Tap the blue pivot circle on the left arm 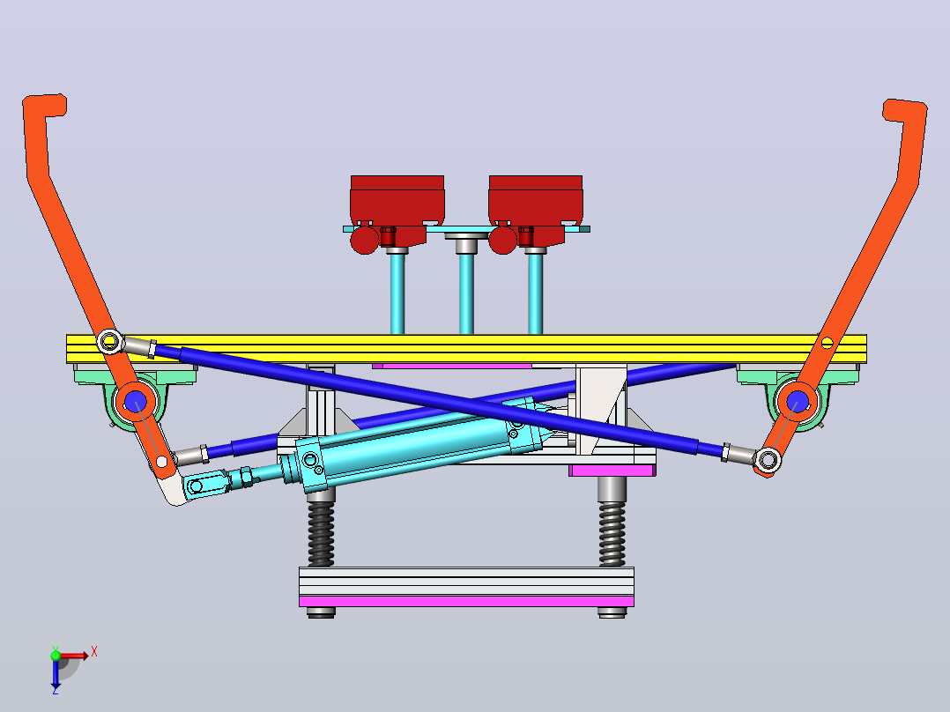(x=135, y=401)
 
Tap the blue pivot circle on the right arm (x=798, y=401)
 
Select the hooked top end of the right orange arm (x=905, y=111)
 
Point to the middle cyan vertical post (x=466, y=293)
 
